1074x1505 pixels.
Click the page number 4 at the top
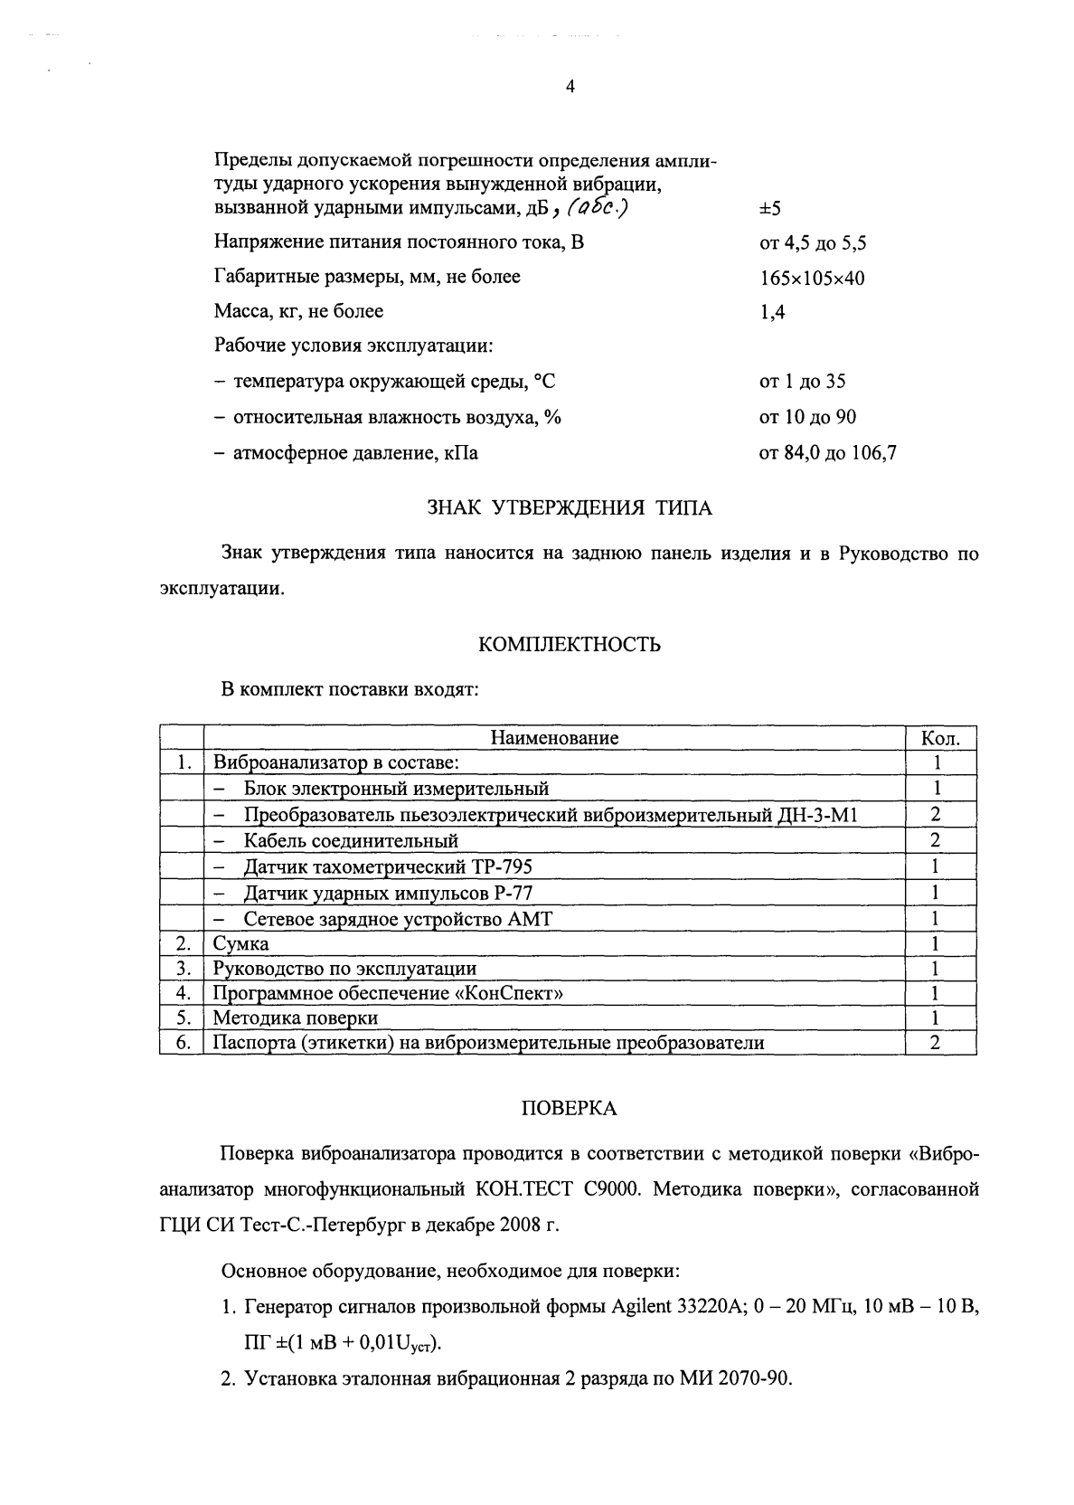pyautogui.click(x=569, y=88)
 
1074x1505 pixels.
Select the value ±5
pyautogui.click(x=769, y=209)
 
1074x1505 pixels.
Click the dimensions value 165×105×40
pyautogui.click(x=812, y=278)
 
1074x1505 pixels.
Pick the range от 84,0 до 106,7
pyautogui.click(x=827, y=453)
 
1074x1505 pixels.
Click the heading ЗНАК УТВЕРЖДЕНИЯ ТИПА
pyautogui.click(x=569, y=508)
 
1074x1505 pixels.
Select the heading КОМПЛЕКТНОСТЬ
pyautogui.click(x=569, y=645)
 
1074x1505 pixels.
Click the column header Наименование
pyautogui.click(x=554, y=737)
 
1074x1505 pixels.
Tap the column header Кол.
pyautogui.click(x=939, y=737)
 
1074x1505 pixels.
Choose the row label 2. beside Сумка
pyautogui.click(x=182, y=943)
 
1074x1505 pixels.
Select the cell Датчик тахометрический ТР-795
pyautogui.click(x=388, y=866)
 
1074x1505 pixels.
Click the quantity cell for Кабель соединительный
pyautogui.click(x=936, y=840)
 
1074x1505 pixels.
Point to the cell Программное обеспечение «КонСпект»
pyautogui.click(x=388, y=993)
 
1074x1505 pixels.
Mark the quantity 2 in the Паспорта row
pyautogui.click(x=936, y=1043)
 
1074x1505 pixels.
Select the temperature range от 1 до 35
pyautogui.click(x=802, y=382)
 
